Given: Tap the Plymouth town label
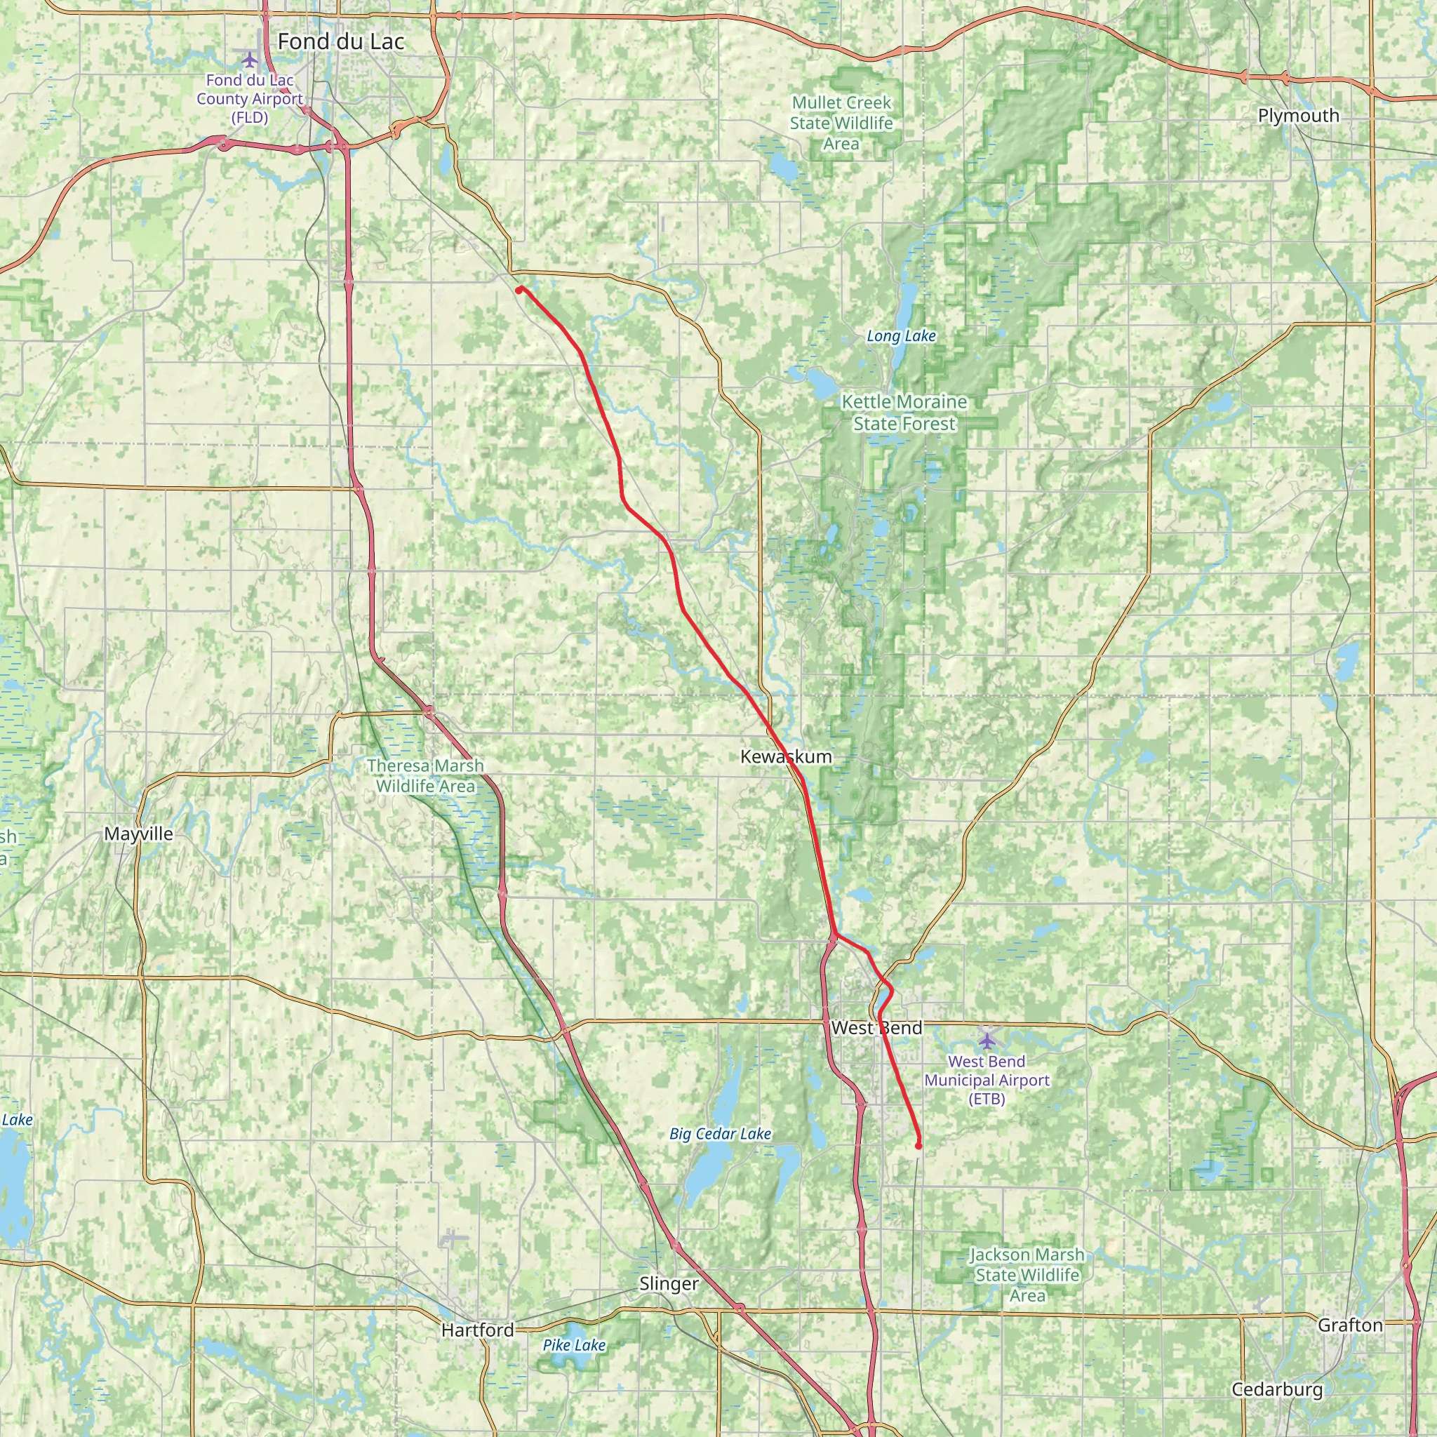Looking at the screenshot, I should tap(1299, 116).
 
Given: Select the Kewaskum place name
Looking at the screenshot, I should tap(786, 757).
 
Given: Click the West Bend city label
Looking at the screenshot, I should tap(876, 1028).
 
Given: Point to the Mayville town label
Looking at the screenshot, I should tap(138, 834).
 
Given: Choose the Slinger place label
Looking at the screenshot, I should tap(669, 1284).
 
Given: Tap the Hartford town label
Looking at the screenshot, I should tap(478, 1330).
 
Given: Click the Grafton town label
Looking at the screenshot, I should tap(1350, 1325).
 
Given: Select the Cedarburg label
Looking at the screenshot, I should tap(1277, 1389).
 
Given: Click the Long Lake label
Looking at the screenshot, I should tap(901, 336).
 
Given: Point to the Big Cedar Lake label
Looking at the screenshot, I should tap(720, 1135).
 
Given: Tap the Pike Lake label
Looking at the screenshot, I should tap(573, 1346).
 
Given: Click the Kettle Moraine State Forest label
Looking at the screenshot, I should tap(904, 413).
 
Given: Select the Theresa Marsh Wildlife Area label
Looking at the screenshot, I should tap(425, 776).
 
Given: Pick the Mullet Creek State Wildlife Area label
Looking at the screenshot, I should tap(841, 123).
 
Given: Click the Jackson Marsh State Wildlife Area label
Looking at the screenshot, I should tap(1027, 1276).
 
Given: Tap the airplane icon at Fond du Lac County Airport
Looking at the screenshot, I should tap(249, 58).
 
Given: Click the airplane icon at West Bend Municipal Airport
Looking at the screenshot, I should tap(987, 1040).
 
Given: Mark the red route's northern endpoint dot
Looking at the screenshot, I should tap(519, 289).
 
